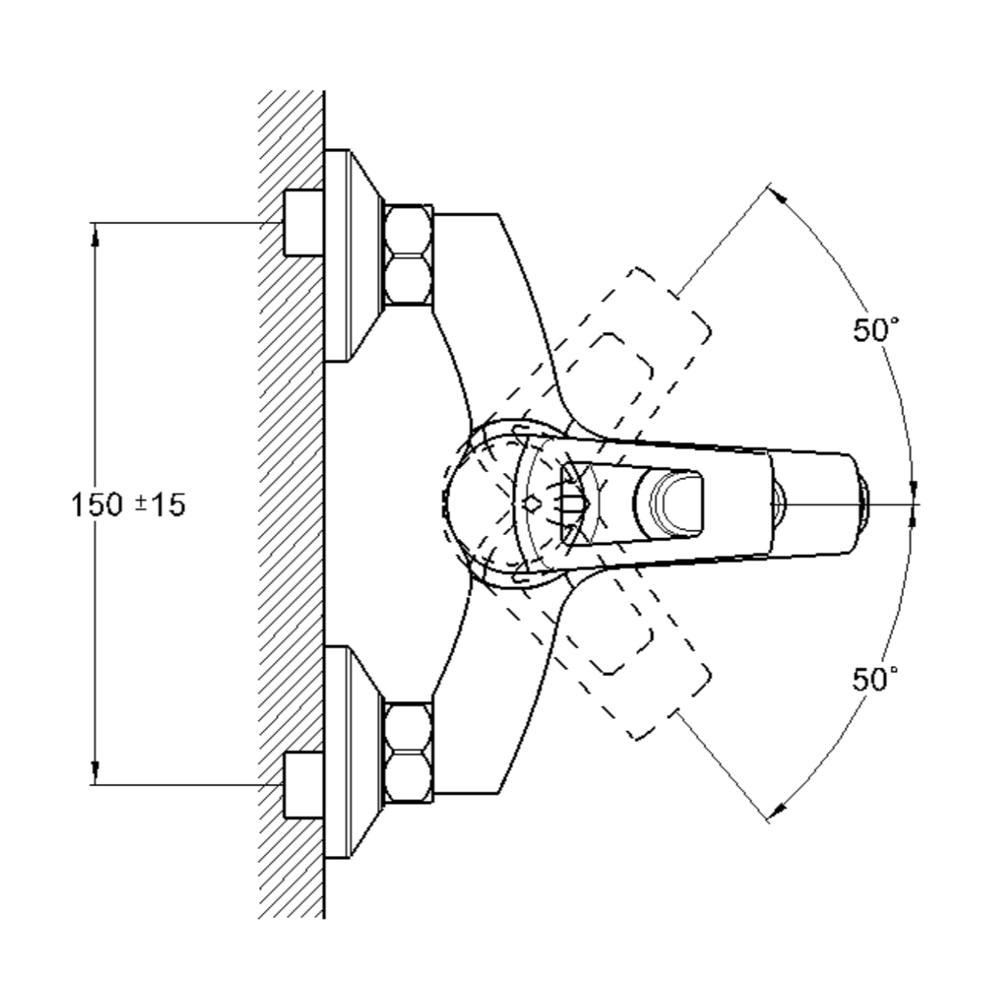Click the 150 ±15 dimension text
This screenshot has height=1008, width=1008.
click(128, 505)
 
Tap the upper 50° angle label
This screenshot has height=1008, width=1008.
click(875, 330)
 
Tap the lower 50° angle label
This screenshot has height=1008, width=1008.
click(875, 678)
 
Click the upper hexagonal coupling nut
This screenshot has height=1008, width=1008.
click(409, 255)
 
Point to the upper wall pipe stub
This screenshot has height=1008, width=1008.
click(303, 223)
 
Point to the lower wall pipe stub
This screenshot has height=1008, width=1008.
click(303, 785)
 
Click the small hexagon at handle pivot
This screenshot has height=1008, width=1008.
click(532, 503)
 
